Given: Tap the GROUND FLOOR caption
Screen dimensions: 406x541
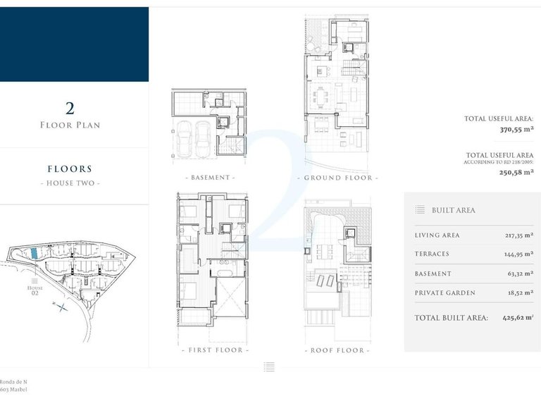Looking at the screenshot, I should click(x=337, y=178).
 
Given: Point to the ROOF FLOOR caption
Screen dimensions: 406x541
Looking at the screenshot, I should click(x=337, y=350).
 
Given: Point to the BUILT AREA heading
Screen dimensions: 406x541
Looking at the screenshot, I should click(x=454, y=210).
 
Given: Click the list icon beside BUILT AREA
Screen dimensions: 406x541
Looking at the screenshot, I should click(x=420, y=210).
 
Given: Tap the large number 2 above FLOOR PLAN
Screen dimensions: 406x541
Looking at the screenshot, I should click(x=70, y=109).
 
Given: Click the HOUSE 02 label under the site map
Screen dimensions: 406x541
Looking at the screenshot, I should click(x=35, y=291).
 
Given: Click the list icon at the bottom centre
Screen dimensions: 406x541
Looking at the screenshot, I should click(x=269, y=367).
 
